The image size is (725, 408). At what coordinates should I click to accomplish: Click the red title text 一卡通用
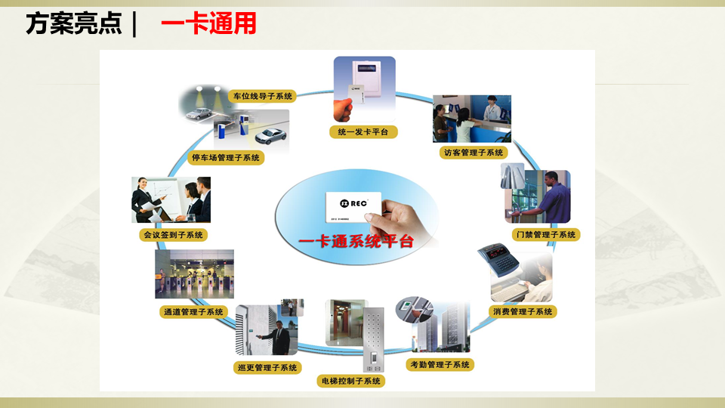pos(209,23)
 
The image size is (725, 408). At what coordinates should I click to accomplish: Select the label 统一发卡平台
pos(363,132)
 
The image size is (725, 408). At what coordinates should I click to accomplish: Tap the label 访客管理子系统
pos(472,152)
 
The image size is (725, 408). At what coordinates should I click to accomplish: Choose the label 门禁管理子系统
pos(545,234)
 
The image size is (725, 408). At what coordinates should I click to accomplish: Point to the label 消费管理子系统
pos(523,311)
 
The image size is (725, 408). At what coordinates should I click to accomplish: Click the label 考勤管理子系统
pos(440,365)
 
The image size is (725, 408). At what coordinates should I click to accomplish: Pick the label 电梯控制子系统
pos(350,381)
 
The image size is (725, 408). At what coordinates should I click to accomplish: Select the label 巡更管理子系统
pos(267,367)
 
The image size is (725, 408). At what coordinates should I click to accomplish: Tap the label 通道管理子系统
pos(193,311)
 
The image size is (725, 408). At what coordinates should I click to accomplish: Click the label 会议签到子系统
pos(173,234)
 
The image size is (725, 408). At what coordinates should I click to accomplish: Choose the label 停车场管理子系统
pos(226,157)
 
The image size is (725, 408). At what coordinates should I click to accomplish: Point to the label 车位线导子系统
pos(262,96)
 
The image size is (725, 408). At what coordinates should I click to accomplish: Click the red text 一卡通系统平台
pos(356,242)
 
